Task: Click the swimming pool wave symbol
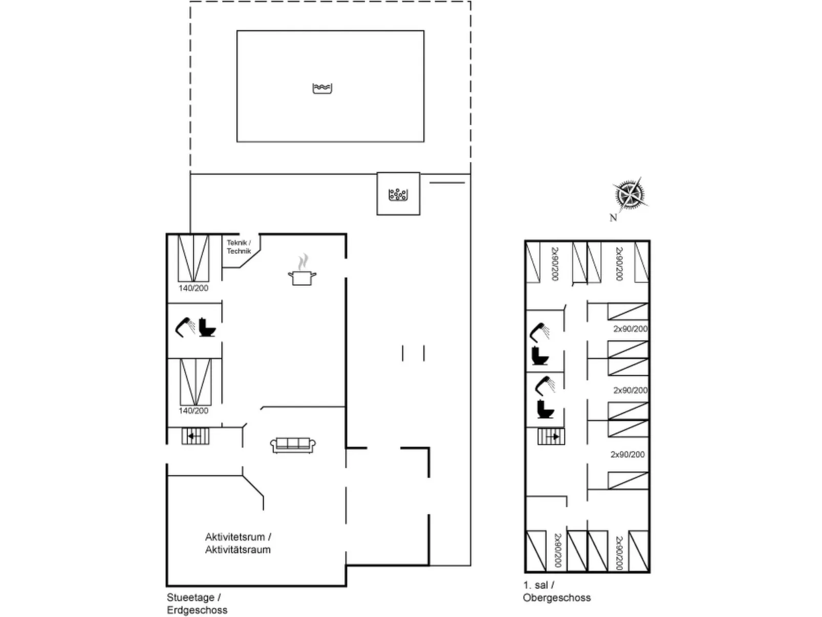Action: point(322,89)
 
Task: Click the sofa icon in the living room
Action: point(293,445)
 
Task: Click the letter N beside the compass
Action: point(613,217)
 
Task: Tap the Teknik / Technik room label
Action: point(239,247)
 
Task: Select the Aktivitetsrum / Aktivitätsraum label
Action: point(238,543)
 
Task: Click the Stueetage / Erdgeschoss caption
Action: point(197,604)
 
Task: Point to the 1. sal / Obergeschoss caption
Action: point(556,591)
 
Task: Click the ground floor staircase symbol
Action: point(195,436)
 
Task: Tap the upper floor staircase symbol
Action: point(551,436)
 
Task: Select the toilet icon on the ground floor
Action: point(207,327)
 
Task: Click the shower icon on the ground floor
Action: point(185,327)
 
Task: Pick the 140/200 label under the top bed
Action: point(193,288)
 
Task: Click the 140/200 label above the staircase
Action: point(193,411)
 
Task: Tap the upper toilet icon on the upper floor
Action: point(540,355)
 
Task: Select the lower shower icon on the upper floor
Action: point(545,386)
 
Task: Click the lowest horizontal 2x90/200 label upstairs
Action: point(628,454)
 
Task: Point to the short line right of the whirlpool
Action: point(447,183)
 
